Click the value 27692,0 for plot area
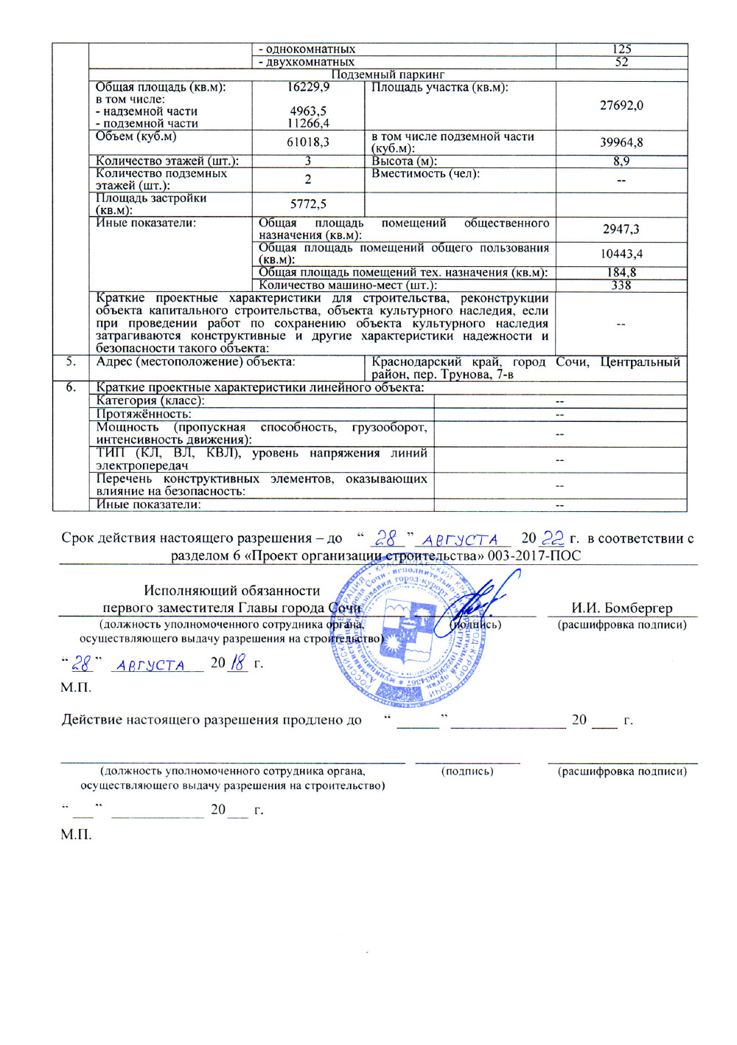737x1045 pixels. (x=621, y=105)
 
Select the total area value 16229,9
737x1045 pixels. (x=308, y=87)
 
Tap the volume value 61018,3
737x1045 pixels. (x=308, y=142)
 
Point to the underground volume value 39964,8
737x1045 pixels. (x=621, y=142)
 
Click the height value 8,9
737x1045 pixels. (x=621, y=161)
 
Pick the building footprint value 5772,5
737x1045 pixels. (x=308, y=204)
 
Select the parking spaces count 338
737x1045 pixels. (x=621, y=285)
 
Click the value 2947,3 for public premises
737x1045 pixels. (x=621, y=229)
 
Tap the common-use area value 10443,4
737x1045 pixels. (x=621, y=254)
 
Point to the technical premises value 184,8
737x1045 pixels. (x=621, y=273)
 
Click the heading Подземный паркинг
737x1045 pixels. (x=388, y=74)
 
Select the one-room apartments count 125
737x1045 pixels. (x=621, y=49)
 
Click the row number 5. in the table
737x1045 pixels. (x=71, y=362)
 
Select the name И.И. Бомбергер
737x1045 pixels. (x=622, y=608)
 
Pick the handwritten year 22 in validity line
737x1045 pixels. (x=553, y=538)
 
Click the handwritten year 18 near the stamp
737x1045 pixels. (x=238, y=663)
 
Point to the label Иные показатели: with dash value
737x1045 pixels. (x=148, y=505)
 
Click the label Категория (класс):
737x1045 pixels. (x=150, y=400)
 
